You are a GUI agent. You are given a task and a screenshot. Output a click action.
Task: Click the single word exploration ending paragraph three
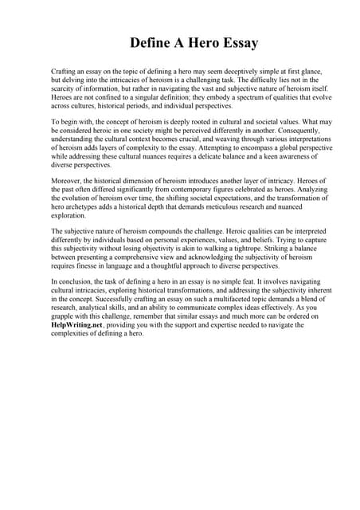[68, 215]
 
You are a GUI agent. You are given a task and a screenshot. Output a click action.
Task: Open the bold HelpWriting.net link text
[76, 325]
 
